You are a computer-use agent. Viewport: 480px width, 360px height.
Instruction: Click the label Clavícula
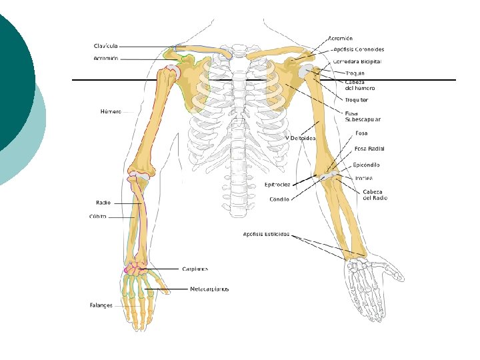click(x=105, y=46)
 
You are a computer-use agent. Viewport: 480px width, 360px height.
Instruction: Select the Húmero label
click(x=111, y=111)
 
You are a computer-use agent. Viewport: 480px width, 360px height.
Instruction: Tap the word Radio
click(x=103, y=202)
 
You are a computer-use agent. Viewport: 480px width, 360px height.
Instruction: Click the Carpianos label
click(x=195, y=269)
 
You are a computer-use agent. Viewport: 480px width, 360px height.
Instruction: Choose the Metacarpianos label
click(x=209, y=289)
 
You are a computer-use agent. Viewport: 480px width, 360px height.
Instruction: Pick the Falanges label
click(x=101, y=305)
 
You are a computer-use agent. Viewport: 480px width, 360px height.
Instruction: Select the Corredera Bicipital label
click(x=357, y=61)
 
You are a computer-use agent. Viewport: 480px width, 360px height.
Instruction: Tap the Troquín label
click(x=355, y=73)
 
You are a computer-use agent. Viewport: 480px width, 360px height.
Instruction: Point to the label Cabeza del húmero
click(x=359, y=85)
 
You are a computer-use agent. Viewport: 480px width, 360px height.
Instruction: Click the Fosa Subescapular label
click(x=362, y=116)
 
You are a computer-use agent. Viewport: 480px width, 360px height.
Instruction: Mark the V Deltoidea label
click(x=300, y=138)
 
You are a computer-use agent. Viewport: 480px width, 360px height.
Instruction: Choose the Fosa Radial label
click(x=369, y=149)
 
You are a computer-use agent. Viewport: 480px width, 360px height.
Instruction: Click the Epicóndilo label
click(x=366, y=165)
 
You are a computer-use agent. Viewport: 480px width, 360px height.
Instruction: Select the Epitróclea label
click(x=277, y=185)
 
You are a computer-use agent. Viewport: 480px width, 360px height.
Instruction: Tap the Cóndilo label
click(x=279, y=199)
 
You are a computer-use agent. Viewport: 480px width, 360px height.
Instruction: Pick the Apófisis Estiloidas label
click(x=266, y=234)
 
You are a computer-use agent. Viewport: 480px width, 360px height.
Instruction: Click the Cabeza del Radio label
click(x=375, y=195)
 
